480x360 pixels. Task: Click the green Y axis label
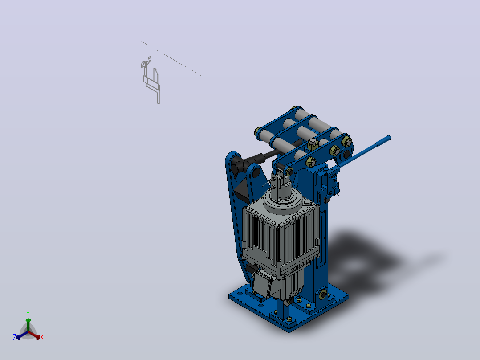point(28,313)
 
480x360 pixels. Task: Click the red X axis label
point(42,337)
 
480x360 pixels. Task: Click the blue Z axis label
point(15,337)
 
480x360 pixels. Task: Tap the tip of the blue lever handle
point(389,138)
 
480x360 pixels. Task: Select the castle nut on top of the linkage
point(312,143)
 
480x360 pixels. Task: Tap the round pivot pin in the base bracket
point(323,295)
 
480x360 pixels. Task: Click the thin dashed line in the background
point(171,58)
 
